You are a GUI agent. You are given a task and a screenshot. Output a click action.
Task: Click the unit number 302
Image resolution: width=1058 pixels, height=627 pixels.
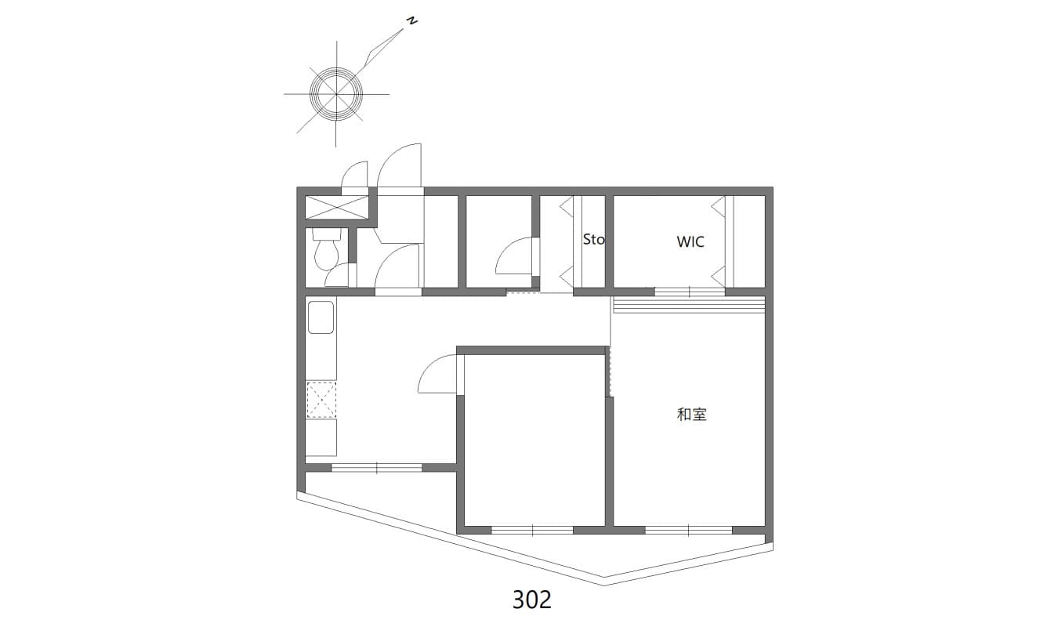(x=532, y=600)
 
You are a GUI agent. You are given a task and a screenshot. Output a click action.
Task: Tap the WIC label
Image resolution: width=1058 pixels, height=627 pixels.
(x=690, y=242)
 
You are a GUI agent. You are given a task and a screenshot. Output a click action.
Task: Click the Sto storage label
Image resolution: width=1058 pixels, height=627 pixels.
(x=593, y=240)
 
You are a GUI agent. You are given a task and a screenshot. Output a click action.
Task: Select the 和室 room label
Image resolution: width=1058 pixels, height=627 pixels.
(x=691, y=415)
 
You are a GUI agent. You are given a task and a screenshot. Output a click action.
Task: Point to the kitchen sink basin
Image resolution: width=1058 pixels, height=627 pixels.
(x=321, y=317)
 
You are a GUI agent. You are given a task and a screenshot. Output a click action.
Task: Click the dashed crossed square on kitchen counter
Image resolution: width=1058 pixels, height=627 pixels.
(x=321, y=400)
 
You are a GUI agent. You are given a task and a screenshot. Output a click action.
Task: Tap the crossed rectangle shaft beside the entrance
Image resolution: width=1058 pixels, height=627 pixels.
(x=336, y=207)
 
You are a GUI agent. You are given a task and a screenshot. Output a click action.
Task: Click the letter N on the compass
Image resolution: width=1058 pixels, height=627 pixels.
(x=412, y=21)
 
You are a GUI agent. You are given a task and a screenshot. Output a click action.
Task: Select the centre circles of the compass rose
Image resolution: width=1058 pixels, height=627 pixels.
(x=336, y=94)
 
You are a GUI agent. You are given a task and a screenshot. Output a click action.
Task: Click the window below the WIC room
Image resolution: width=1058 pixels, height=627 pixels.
(x=690, y=292)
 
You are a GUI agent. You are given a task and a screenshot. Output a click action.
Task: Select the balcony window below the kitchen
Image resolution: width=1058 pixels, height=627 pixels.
(x=376, y=468)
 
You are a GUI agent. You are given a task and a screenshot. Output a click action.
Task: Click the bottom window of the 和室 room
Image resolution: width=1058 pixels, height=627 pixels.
(x=689, y=530)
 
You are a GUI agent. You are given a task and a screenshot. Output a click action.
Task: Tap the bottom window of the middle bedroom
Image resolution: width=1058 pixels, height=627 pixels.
(x=532, y=530)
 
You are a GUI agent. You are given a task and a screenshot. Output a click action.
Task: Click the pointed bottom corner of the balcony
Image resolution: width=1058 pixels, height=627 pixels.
(x=604, y=585)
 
